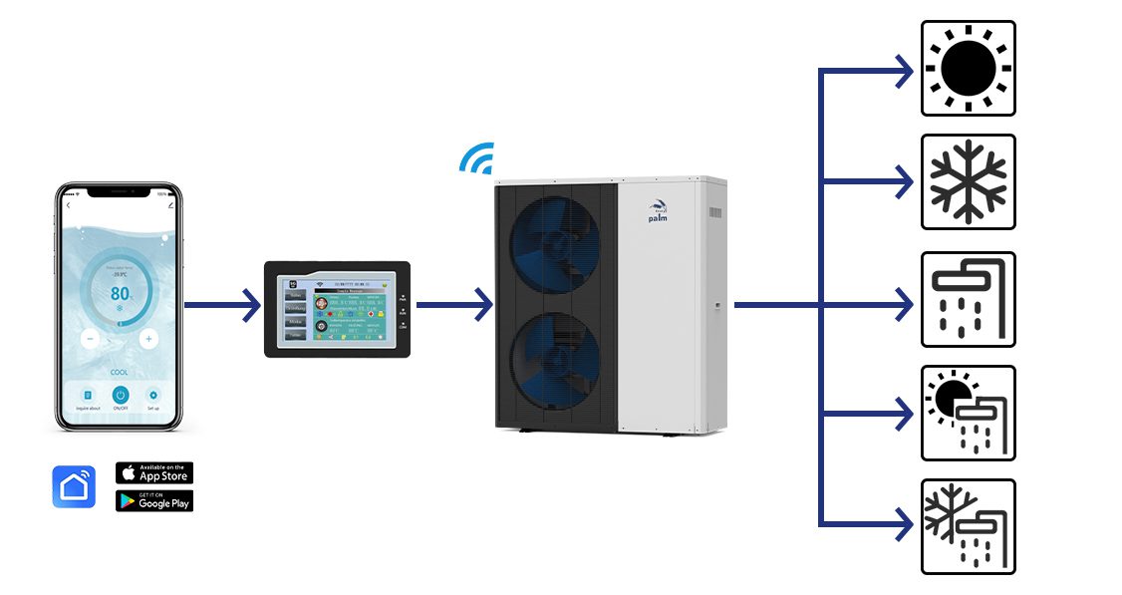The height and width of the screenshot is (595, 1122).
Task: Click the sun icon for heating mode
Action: coord(968,68)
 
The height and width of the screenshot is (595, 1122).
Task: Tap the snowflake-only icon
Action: coord(968,181)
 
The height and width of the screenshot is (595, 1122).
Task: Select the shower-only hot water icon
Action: coord(968,299)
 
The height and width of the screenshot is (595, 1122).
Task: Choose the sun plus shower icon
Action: coord(968,413)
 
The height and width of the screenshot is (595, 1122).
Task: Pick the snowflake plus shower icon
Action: coord(968,526)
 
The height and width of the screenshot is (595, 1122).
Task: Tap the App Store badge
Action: coord(154,472)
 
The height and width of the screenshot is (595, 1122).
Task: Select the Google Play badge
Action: coord(154,500)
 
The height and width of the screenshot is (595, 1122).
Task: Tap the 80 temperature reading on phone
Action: coord(120,294)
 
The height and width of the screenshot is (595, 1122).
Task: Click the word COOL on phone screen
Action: coord(120,371)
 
